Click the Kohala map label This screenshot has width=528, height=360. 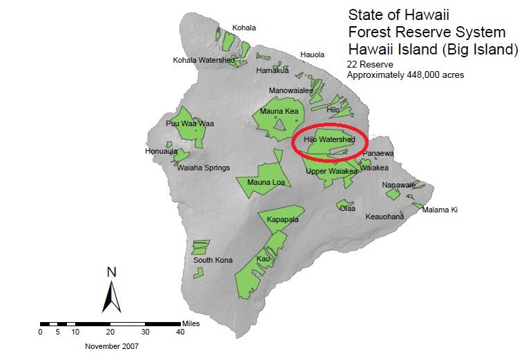(x=244, y=28)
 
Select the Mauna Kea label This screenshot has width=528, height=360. (x=279, y=112)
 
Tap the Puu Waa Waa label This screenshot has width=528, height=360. (x=190, y=124)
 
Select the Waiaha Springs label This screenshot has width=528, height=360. (x=204, y=168)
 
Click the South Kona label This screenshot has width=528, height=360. (x=213, y=260)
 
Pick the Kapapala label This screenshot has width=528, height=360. (x=284, y=219)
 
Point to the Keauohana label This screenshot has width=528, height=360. (x=384, y=217)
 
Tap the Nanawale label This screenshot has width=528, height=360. (x=399, y=185)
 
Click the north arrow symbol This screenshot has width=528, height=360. (x=112, y=290)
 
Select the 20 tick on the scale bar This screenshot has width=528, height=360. (x=110, y=332)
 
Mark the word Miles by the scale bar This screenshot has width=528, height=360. (x=191, y=323)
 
